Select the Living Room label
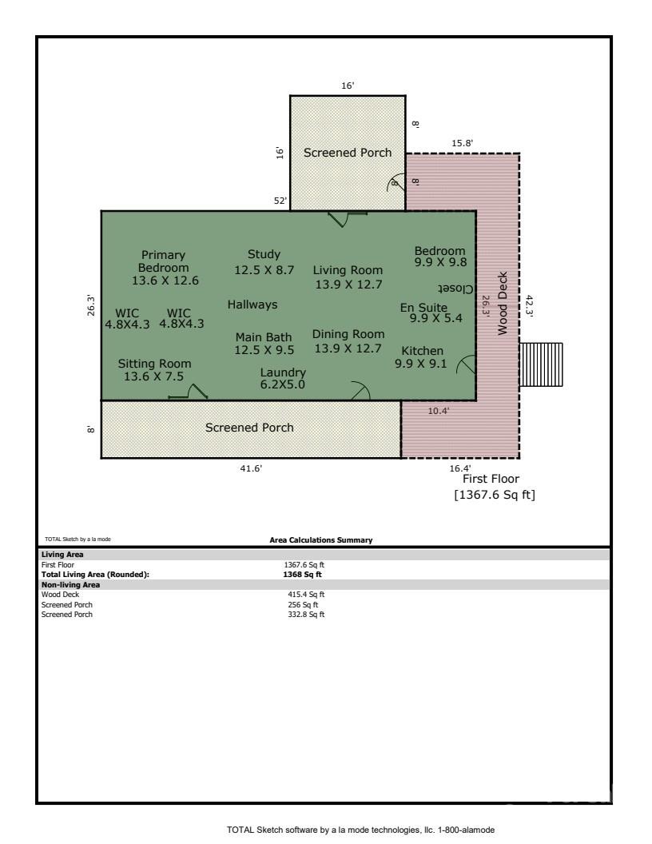(348, 270)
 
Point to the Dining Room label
(348, 334)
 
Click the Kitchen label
(422, 351)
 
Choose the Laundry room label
(283, 372)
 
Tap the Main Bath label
(264, 337)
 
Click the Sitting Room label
(154, 364)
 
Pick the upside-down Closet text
(455, 289)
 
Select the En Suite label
(423, 307)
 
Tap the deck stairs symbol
(541, 365)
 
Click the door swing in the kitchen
(466, 365)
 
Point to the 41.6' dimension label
(251, 469)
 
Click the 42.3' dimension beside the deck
(529, 306)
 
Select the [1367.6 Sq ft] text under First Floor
(495, 495)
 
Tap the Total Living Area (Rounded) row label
(95, 574)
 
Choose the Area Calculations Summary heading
(321, 540)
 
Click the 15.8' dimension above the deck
(463, 143)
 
